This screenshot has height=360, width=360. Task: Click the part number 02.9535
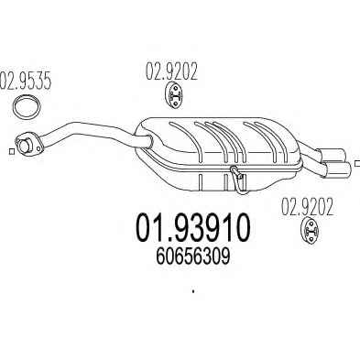(25, 81)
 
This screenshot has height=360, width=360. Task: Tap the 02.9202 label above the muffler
(171, 71)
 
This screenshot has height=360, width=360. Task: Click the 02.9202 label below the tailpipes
(307, 207)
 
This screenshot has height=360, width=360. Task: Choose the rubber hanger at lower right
(311, 231)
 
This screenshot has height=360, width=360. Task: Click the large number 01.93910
(192, 227)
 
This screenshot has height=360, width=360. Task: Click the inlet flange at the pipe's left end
(27, 143)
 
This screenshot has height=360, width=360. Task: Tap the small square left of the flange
(12, 151)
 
